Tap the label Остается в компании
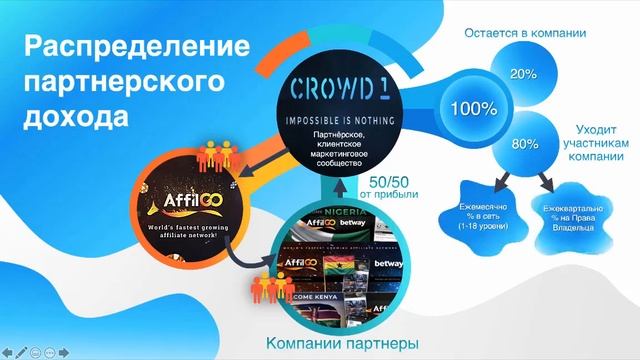pyautogui.click(x=525, y=33)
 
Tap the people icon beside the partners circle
pyautogui.click(x=266, y=287)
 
